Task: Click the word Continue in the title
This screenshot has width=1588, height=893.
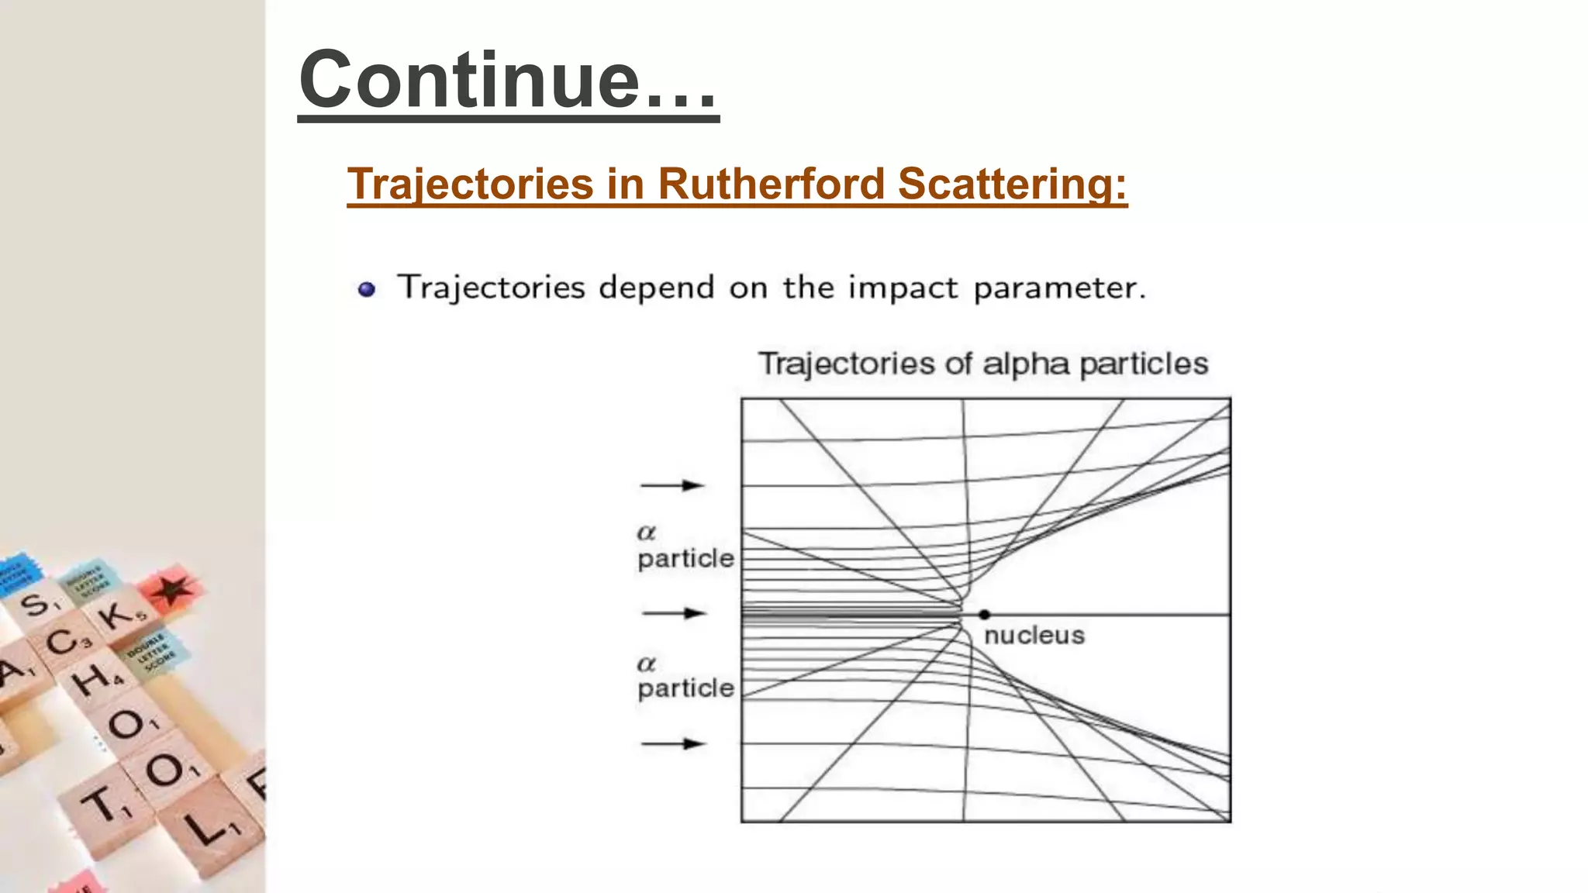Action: pos(469,80)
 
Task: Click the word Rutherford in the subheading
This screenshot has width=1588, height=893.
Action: pos(771,184)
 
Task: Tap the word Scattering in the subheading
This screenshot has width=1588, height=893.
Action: pos(1012,184)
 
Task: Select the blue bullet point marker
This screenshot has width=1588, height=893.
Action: pos(367,290)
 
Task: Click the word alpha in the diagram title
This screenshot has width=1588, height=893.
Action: pos(1027,364)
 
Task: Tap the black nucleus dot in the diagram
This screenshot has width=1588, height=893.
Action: pos(984,614)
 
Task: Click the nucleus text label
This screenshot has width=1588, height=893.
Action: pos(1034,636)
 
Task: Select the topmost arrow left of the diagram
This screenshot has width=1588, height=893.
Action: pos(671,485)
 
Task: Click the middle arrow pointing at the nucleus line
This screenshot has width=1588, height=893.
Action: pos(673,613)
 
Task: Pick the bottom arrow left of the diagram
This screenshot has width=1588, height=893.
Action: pos(671,744)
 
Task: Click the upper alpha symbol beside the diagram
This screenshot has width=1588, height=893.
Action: pos(646,533)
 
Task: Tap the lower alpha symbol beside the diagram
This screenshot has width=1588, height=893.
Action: pos(646,664)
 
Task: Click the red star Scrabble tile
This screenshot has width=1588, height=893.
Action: pos(172,591)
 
